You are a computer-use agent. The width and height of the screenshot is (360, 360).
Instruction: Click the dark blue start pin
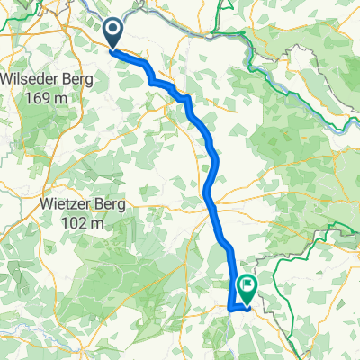point(115,33)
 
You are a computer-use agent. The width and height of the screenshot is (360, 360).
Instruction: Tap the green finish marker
point(247,287)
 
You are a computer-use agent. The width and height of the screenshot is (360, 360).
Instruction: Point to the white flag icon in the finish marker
point(247,285)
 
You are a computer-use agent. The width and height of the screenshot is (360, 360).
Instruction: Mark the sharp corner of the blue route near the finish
point(230,309)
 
